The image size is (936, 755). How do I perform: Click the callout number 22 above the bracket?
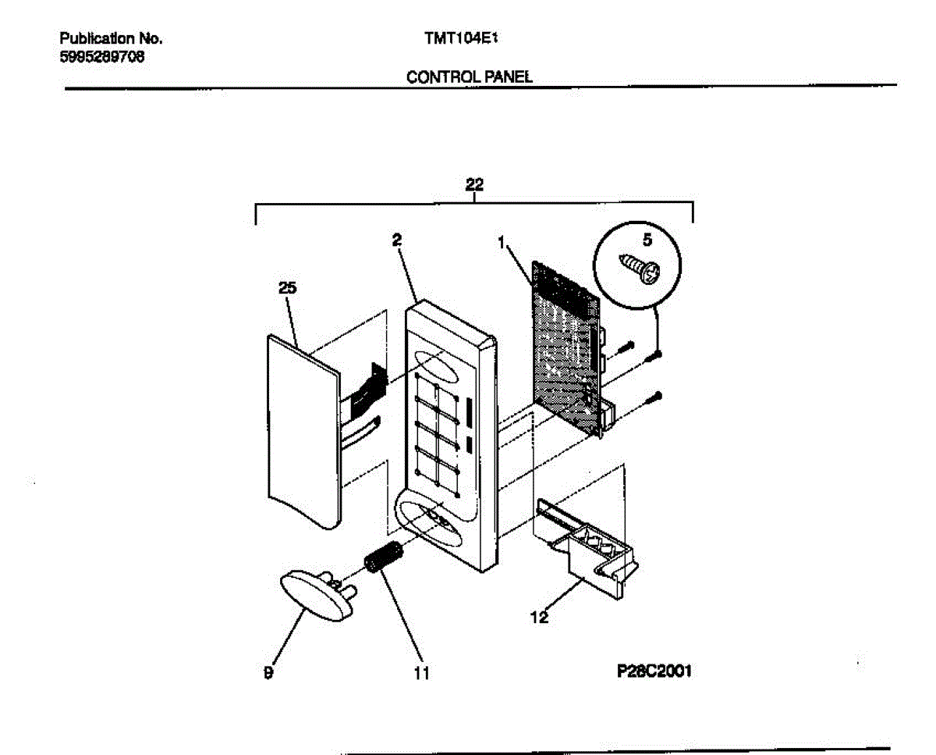(x=474, y=185)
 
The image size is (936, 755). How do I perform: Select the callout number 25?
(x=287, y=288)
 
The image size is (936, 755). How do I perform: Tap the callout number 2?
(x=396, y=240)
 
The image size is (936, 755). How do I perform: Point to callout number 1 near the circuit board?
(x=502, y=242)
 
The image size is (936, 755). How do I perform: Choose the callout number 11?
(x=421, y=672)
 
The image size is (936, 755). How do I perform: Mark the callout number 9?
(x=268, y=672)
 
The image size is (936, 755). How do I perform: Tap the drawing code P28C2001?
(x=654, y=671)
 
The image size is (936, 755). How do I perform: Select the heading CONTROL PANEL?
(x=470, y=77)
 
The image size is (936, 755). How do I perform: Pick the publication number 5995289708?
(x=101, y=56)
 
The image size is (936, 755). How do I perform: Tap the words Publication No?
(x=111, y=38)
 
